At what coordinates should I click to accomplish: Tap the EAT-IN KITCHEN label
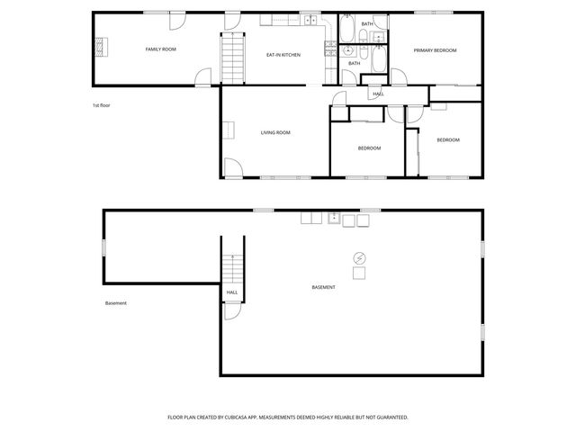283,55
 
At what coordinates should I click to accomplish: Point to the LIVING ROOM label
275,132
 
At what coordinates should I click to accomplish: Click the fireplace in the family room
102,47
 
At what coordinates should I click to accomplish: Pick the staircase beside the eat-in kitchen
233,57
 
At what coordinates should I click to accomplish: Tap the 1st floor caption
101,105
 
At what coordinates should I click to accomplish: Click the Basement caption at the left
115,302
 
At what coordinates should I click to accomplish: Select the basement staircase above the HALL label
232,266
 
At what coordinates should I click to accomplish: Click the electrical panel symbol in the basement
359,257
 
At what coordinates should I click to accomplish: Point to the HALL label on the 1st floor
378,94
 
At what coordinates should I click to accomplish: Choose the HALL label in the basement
232,292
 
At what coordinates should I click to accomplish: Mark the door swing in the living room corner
231,167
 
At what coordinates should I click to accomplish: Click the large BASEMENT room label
323,287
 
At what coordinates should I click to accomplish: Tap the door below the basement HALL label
231,310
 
